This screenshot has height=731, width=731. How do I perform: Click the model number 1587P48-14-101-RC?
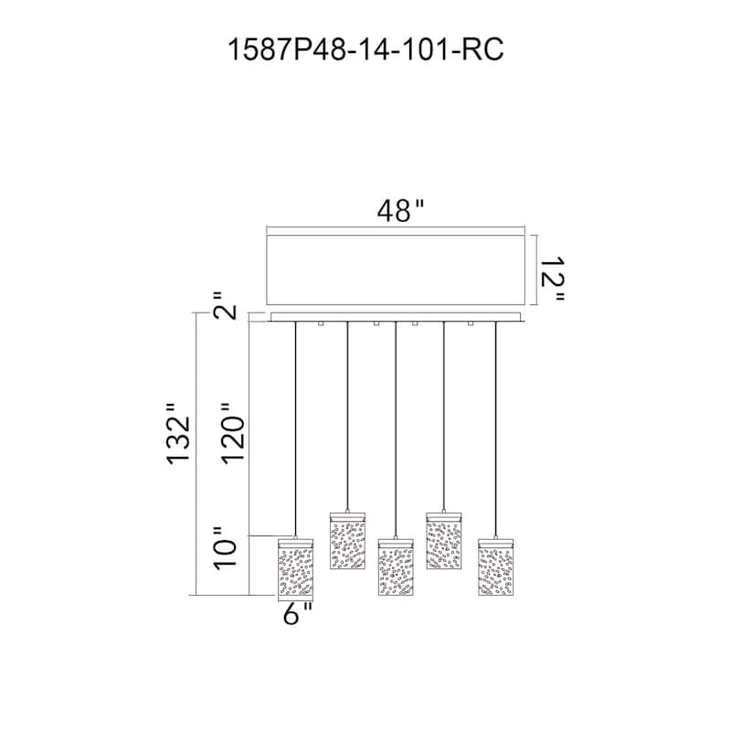(365, 49)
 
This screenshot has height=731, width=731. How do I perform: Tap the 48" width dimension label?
(401, 211)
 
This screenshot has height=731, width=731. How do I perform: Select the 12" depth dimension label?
(553, 279)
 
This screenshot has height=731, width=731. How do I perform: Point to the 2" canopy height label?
(225, 306)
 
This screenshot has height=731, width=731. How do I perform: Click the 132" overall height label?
(178, 433)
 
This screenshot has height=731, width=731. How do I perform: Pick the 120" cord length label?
(232, 433)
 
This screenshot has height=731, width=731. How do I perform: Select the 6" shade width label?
(298, 613)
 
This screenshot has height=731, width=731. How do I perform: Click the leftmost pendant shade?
(295, 567)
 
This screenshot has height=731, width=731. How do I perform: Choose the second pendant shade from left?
(347, 541)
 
